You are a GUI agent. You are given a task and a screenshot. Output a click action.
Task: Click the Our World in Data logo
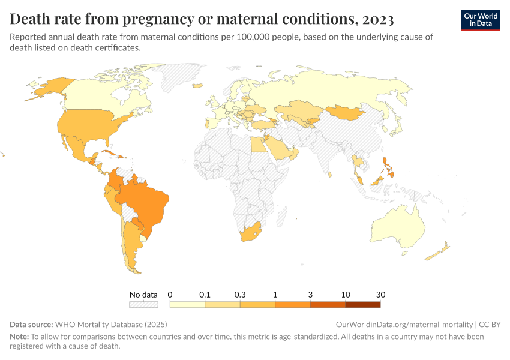point(481,20)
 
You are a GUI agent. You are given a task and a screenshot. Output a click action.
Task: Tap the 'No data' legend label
point(143,295)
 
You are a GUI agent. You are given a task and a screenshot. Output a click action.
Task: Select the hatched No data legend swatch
point(143,304)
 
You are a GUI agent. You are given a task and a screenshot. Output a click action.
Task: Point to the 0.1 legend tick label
point(205,295)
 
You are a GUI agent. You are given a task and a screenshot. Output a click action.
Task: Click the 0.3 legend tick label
point(240,295)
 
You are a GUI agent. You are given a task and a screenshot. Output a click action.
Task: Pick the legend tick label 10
point(346,295)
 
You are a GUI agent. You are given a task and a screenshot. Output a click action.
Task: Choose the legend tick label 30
point(380,295)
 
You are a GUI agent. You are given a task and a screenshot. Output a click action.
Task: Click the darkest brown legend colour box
point(363,304)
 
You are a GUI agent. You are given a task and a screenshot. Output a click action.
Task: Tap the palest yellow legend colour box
point(188,304)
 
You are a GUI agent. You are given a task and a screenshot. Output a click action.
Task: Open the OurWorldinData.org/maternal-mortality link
point(406,324)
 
